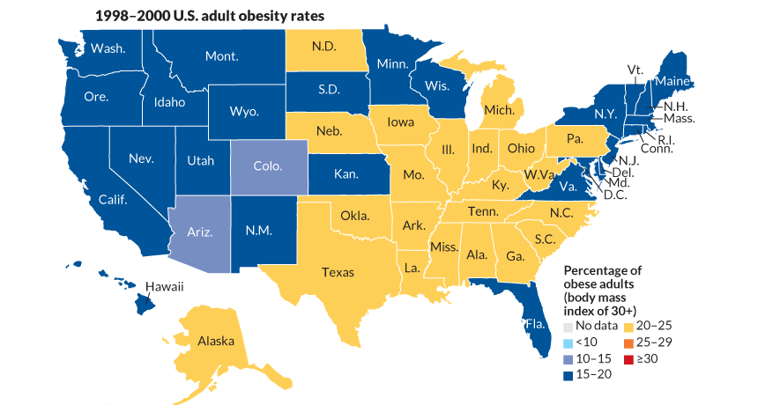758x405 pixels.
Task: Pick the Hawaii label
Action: (x=164, y=286)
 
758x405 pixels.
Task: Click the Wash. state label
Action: (x=107, y=48)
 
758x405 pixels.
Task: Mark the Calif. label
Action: (x=113, y=200)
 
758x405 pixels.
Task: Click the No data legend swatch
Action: (x=568, y=327)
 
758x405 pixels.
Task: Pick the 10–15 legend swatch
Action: (x=568, y=358)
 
